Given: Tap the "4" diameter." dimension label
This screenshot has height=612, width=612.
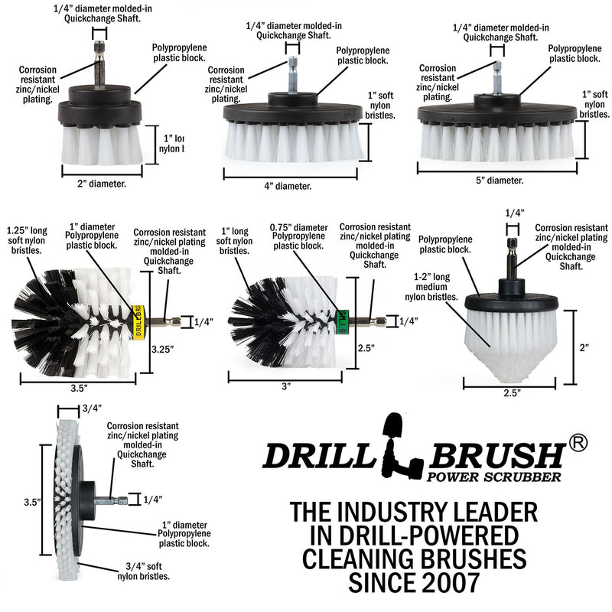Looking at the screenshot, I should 284,186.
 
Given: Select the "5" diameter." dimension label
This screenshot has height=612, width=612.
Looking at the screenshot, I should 494,181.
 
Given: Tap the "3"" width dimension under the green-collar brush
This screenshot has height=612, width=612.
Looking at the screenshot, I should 286,387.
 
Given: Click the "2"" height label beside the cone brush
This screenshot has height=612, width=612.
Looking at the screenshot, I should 584,347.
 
